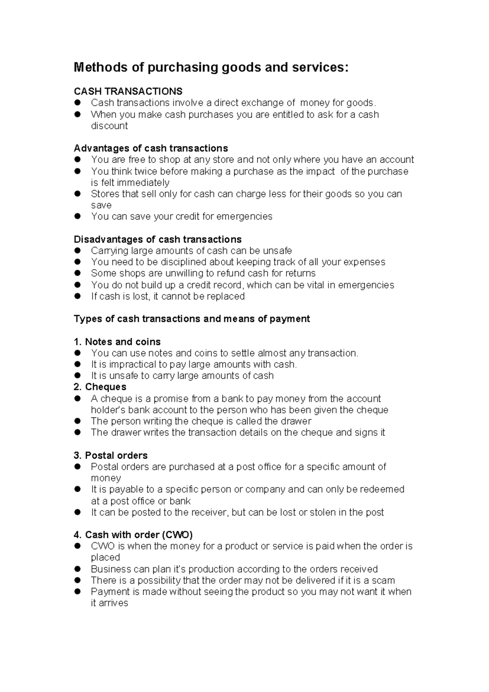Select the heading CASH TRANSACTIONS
tap(128, 91)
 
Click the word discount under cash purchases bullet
tap(109, 126)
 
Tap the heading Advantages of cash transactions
tap(151, 148)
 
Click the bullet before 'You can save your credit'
tap(77, 216)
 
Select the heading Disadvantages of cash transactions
tap(157, 239)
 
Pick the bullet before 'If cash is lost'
tap(77, 296)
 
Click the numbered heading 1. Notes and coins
tap(117, 342)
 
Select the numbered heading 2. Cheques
tap(100, 387)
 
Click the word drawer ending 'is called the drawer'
tap(296, 421)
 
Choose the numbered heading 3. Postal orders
tap(111, 455)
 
